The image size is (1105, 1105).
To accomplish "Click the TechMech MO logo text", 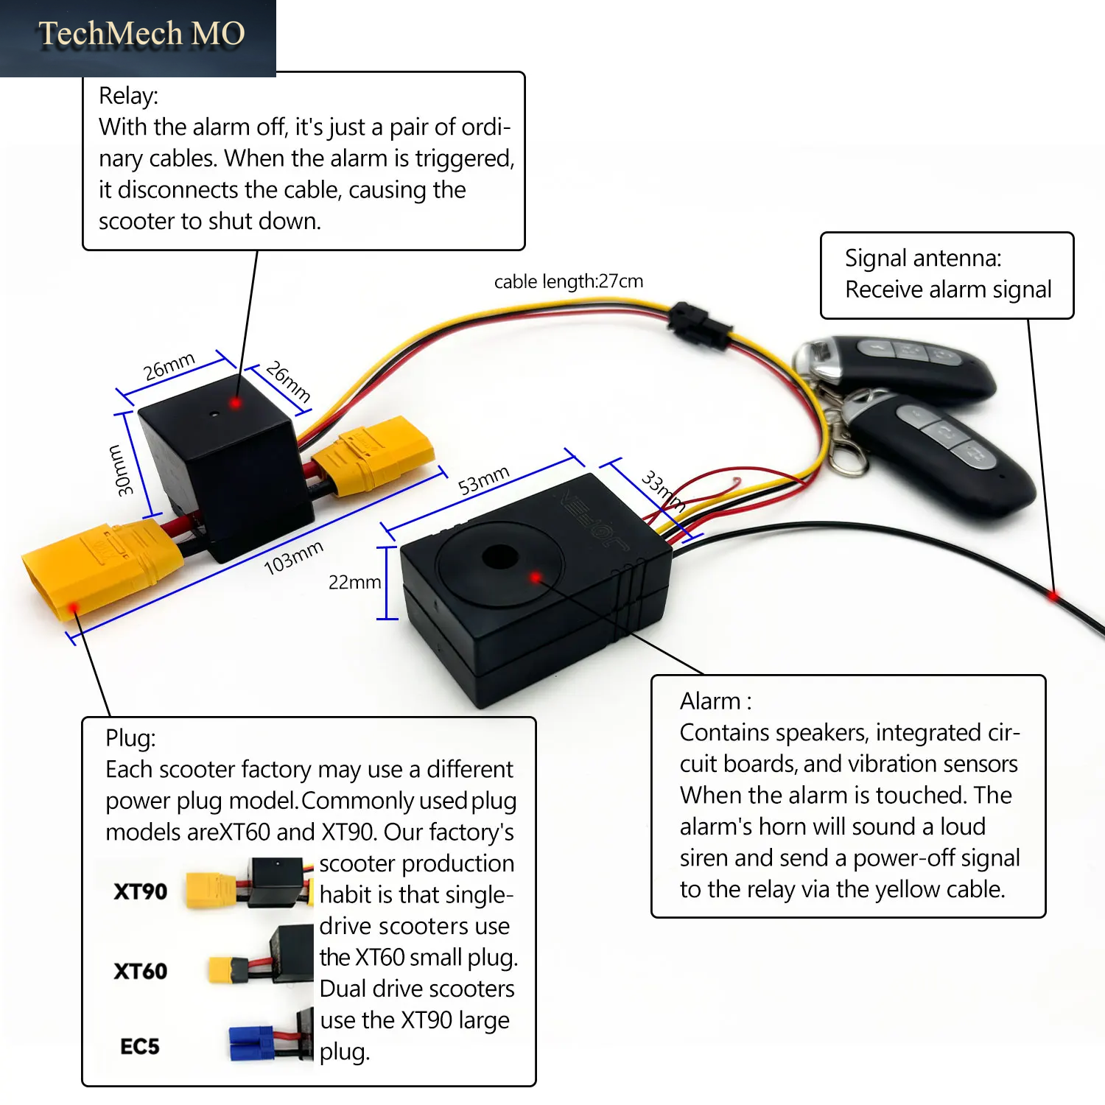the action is pyautogui.click(x=141, y=34).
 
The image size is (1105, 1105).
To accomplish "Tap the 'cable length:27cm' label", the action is pyautogui.click(x=569, y=281).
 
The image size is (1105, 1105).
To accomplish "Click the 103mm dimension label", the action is pyautogui.click(x=293, y=557).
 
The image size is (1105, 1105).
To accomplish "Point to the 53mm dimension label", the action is pyautogui.click(x=483, y=480).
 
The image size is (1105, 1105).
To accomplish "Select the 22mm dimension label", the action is pyautogui.click(x=354, y=582).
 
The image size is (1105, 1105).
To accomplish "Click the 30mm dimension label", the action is pyautogui.click(x=120, y=470).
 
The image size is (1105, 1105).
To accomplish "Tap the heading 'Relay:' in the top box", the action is pyautogui.click(x=128, y=96).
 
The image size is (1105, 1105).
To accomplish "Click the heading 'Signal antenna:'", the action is pyautogui.click(x=923, y=258).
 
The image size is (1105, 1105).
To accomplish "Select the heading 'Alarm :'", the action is pyautogui.click(x=715, y=701).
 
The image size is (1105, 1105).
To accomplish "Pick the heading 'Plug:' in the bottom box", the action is pyautogui.click(x=130, y=737).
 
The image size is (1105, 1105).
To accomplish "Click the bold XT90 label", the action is pyautogui.click(x=140, y=891).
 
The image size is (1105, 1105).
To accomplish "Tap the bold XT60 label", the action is pyautogui.click(x=140, y=971).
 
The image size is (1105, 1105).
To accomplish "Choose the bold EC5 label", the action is pyautogui.click(x=140, y=1046).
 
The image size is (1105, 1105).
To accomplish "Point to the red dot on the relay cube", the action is pyautogui.click(x=236, y=403).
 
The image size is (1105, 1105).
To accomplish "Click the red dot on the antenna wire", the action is pyautogui.click(x=1054, y=594).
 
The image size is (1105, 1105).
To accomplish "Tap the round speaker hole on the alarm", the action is pyautogui.click(x=500, y=557).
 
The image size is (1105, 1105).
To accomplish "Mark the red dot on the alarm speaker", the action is pyautogui.click(x=536, y=578).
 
